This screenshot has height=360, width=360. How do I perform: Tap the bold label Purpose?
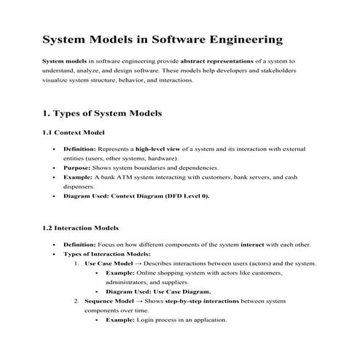78,167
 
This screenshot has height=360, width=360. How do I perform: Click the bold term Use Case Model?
109,263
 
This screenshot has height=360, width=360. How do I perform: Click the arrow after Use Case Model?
138,263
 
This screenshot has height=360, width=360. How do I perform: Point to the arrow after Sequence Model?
140,301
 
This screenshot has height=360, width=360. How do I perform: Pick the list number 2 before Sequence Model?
77,301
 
